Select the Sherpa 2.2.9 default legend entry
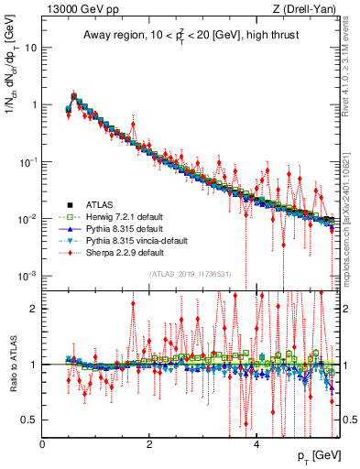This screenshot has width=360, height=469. (117, 251)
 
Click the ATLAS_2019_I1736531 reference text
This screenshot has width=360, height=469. (190, 274)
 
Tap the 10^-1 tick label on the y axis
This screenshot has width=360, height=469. (27, 161)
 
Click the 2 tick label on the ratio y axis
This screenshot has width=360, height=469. (34, 308)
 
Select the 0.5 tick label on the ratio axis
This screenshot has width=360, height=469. (29, 420)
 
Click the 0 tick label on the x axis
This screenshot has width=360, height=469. (43, 444)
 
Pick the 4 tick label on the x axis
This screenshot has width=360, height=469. (256, 444)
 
